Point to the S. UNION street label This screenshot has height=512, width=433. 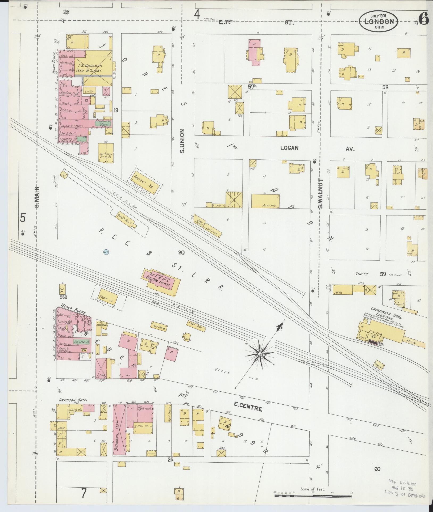click(x=182, y=141)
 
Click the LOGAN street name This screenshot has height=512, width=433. click(x=289, y=148)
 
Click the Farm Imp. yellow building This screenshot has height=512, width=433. click(x=265, y=201)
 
